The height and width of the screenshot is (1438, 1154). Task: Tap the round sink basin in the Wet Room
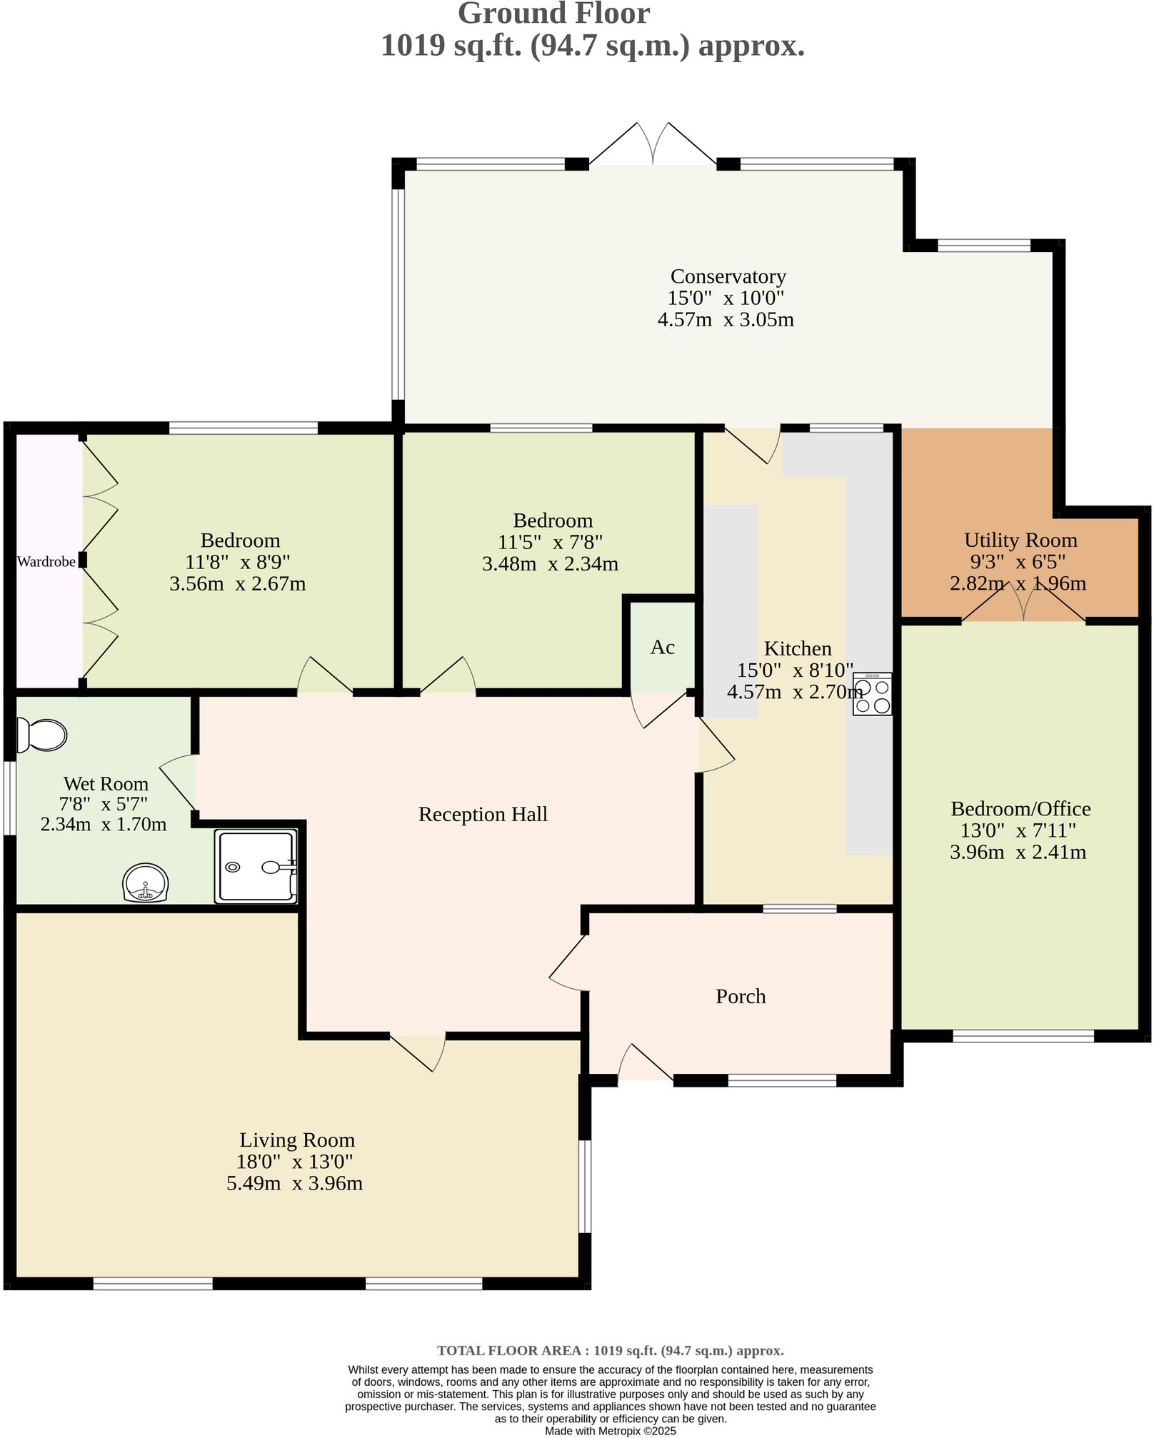[x=146, y=884]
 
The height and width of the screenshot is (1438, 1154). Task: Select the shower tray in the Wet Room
[x=256, y=866]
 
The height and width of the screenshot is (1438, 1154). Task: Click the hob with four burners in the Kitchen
[x=872, y=694]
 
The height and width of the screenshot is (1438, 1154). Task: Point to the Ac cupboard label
[x=662, y=647]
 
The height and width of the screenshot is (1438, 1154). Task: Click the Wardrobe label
[x=46, y=562]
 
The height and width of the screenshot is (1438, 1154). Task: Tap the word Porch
[x=741, y=996]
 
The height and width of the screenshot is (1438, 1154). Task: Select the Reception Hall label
[x=483, y=814]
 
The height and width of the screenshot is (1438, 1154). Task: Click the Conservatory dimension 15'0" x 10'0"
[x=726, y=298]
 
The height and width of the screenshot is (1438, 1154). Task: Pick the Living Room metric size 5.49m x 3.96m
[x=294, y=1183]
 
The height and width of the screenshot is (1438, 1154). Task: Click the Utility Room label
[x=1020, y=540]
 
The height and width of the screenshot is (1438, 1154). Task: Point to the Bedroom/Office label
[x=1020, y=809]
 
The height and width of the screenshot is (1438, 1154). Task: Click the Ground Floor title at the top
[x=553, y=14]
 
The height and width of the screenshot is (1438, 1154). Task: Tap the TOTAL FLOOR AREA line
[x=610, y=1350]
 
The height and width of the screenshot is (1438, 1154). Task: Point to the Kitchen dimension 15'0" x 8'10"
[x=795, y=670]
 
